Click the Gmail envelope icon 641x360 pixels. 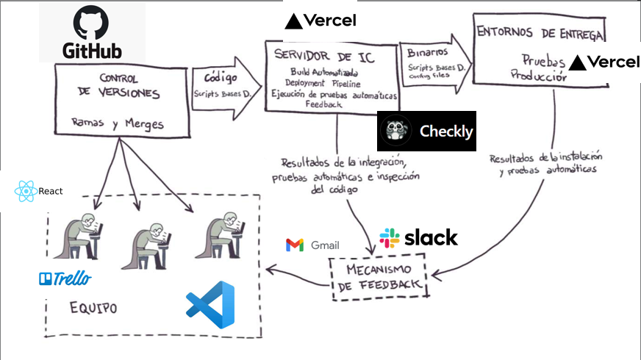pyautogui.click(x=295, y=245)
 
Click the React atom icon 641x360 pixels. pyautogui.click(x=26, y=191)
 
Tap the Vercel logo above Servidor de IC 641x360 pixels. pyautogui.click(x=320, y=21)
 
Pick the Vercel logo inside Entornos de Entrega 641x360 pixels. pyautogui.click(x=604, y=62)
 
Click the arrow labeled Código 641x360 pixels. pyautogui.click(x=225, y=86)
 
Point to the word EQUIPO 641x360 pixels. pyautogui.click(x=93, y=307)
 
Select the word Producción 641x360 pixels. pyautogui.click(x=538, y=74)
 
